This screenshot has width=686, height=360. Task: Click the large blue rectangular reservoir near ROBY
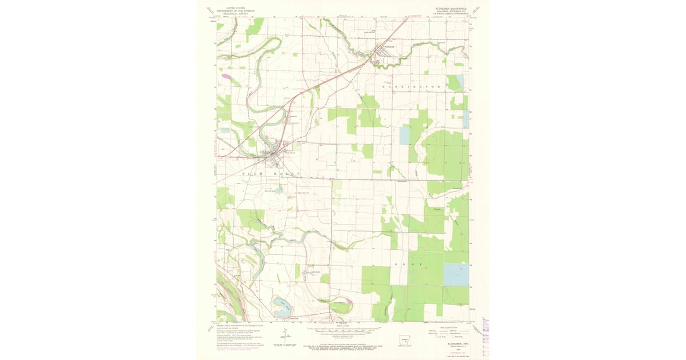456,275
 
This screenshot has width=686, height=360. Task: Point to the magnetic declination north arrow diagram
285,336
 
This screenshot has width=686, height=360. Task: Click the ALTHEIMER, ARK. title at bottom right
452,338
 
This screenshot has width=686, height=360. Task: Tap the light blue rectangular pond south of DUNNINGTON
405,135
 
